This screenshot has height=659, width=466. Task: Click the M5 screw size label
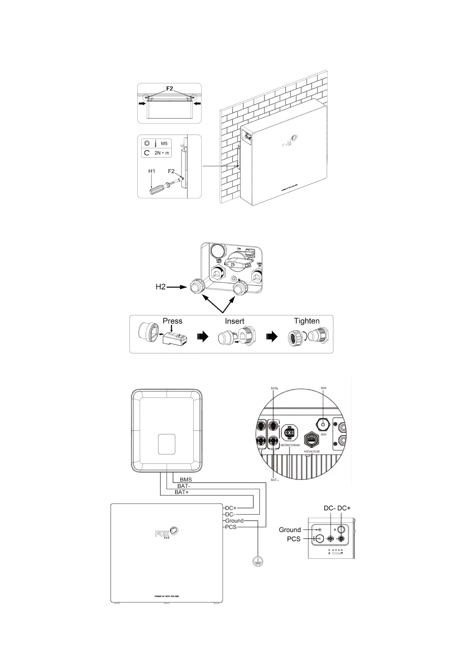pyautogui.click(x=164, y=144)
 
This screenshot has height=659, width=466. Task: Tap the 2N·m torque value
pyautogui.click(x=162, y=153)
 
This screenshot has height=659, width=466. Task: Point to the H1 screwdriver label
pyautogui.click(x=152, y=171)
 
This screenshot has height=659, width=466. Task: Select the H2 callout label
pyautogui.click(x=161, y=287)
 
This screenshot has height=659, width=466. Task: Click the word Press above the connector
pyautogui.click(x=173, y=321)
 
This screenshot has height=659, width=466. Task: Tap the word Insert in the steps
pyautogui.click(x=234, y=321)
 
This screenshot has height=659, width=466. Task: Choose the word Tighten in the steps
pyautogui.click(x=307, y=321)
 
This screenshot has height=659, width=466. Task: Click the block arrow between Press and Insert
pyautogui.click(x=203, y=337)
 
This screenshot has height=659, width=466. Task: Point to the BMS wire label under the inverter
pyautogui.click(x=186, y=479)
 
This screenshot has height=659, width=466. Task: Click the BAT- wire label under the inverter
pyautogui.click(x=184, y=486)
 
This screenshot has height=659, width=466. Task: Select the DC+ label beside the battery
pyautogui.click(x=231, y=508)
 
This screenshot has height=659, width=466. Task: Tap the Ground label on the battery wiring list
pyautogui.click(x=234, y=521)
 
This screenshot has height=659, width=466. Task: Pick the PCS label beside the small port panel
pyautogui.click(x=293, y=539)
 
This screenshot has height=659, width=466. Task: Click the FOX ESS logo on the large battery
pyautogui.click(x=167, y=533)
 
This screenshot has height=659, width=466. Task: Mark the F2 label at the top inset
pyautogui.click(x=169, y=88)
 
